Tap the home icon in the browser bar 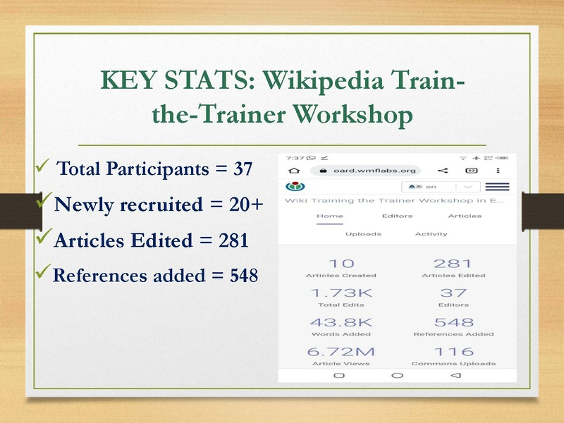294,170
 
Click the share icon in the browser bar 443,170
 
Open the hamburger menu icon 497,187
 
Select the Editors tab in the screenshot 397,216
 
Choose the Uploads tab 363,233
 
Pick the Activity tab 431,233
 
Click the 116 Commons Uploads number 453,352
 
